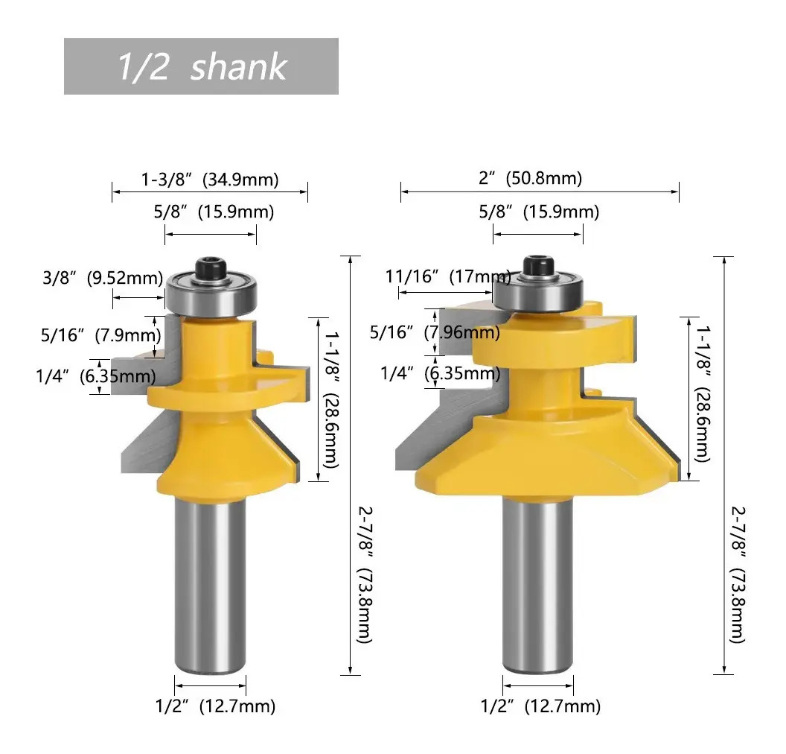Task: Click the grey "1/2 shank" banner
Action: (x=201, y=66)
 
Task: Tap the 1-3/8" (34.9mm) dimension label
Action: (x=210, y=179)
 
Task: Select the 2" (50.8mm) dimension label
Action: (x=531, y=178)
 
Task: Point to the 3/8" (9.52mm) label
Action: (x=103, y=277)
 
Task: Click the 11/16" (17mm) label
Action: (x=448, y=276)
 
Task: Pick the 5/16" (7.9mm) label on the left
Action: (x=100, y=335)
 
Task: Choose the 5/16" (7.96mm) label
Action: (x=435, y=332)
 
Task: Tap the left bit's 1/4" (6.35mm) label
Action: (x=96, y=376)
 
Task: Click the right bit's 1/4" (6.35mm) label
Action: (x=440, y=373)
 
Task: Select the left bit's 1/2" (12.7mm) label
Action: (x=216, y=706)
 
